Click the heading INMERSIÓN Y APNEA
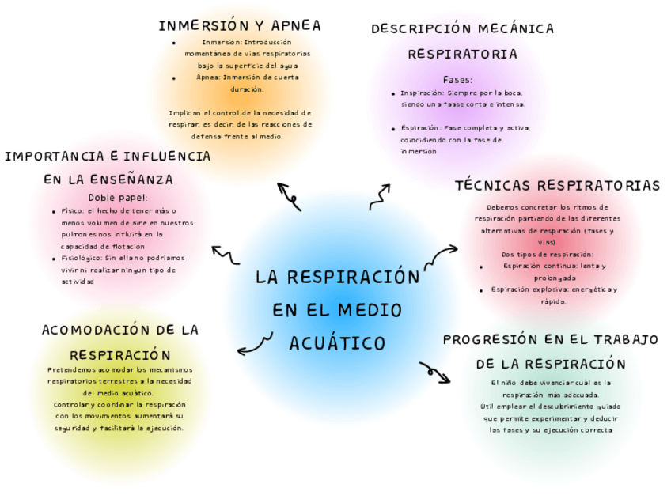pyautogui.click(x=240, y=25)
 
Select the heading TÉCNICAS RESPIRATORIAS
pyautogui.click(x=557, y=186)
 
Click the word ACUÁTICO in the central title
pyautogui.click(x=337, y=343)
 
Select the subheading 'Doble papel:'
pyautogui.click(x=118, y=198)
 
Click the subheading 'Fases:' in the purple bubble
pyautogui.click(x=457, y=80)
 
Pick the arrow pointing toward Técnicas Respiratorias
pyautogui.click(x=441, y=255)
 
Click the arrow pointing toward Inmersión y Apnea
pyautogui.click(x=289, y=196)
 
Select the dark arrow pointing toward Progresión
pyautogui.click(x=434, y=372)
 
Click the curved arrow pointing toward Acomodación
pyautogui.click(x=254, y=344)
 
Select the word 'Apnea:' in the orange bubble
pyautogui.click(x=210, y=78)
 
